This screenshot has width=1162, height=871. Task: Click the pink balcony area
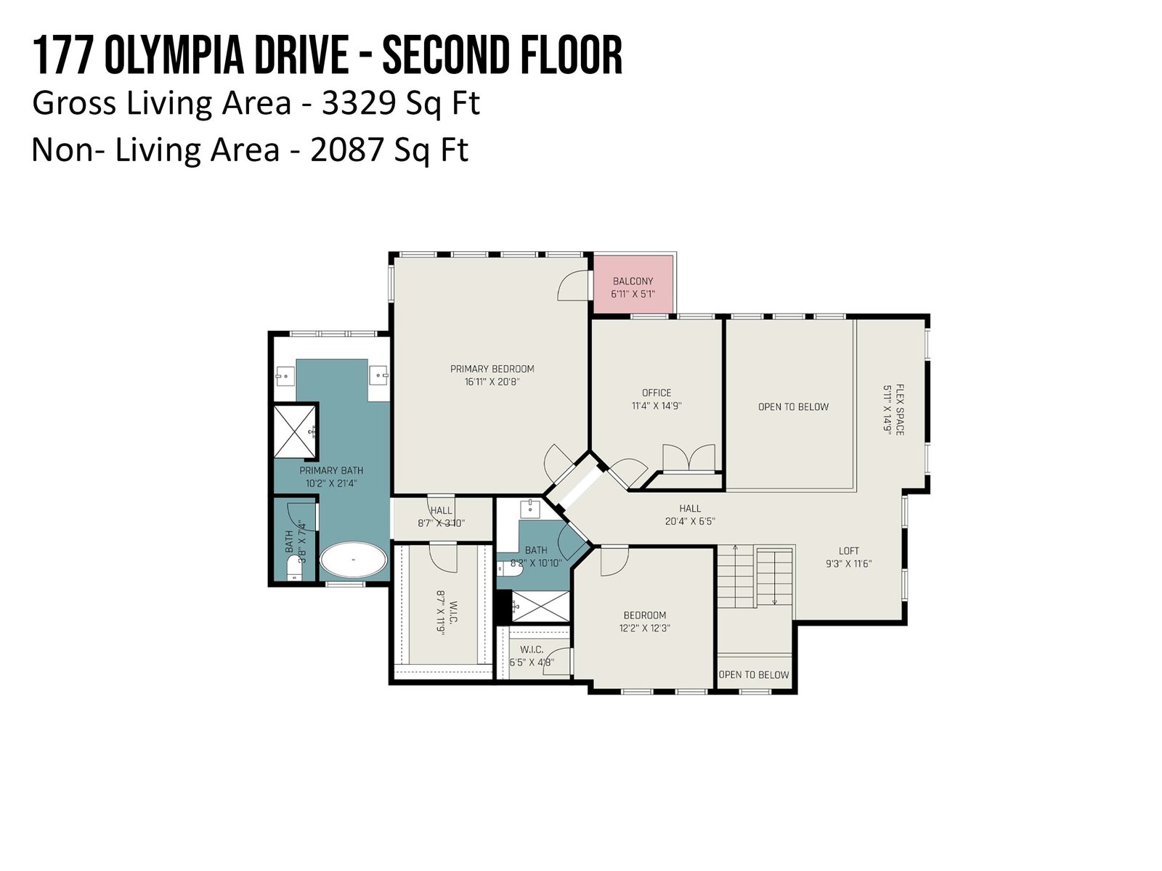[x=633, y=284]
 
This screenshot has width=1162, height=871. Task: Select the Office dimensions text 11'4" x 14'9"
[x=657, y=406]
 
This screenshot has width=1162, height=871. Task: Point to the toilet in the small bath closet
[x=293, y=571]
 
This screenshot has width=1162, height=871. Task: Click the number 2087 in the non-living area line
[x=346, y=150]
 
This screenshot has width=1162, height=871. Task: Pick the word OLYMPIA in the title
[x=174, y=55]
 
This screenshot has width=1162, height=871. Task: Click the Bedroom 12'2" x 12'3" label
[x=645, y=621]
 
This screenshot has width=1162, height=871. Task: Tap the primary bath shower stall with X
[x=294, y=430]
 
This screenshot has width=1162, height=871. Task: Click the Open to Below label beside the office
[x=793, y=406]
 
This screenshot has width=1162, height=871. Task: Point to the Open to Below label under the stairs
[x=754, y=675]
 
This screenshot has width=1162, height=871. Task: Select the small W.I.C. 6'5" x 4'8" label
[x=532, y=655]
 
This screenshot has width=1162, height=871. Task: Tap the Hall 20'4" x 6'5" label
[x=690, y=515]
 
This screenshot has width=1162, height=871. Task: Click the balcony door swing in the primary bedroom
[x=573, y=285]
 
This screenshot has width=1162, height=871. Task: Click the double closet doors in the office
[x=688, y=457]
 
